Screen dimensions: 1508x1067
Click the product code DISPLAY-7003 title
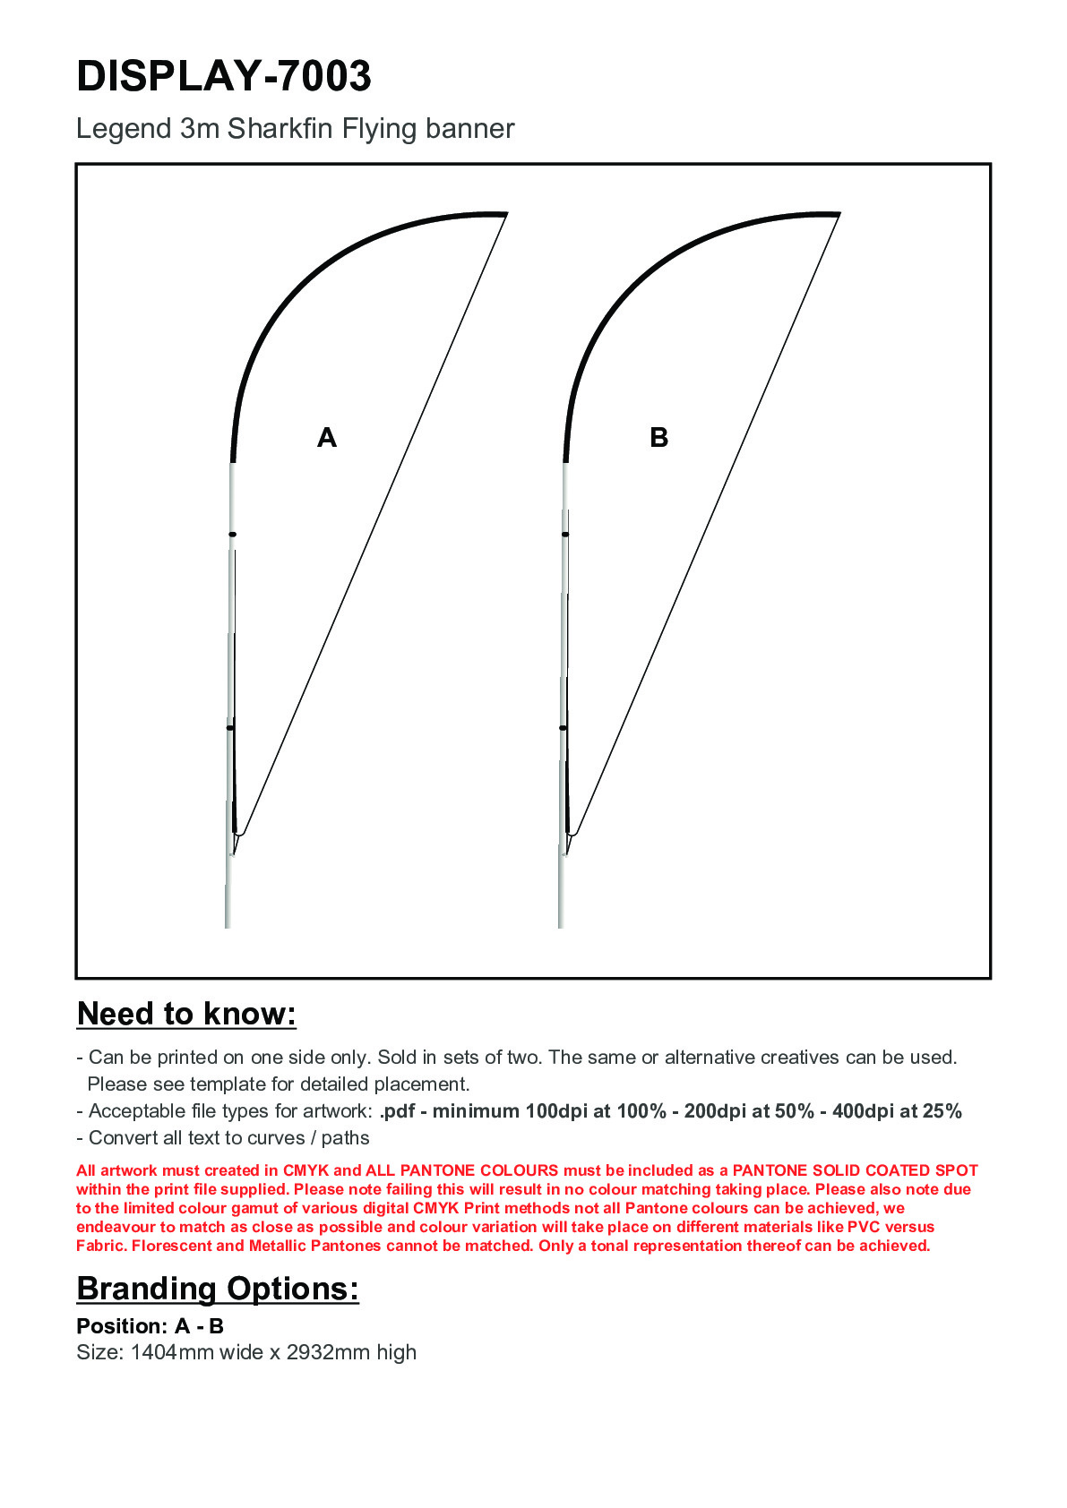point(224,76)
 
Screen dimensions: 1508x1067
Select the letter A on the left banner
point(327,438)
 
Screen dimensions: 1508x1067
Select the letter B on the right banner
point(658,438)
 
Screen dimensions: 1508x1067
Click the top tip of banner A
point(505,214)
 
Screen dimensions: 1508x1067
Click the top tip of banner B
point(838,214)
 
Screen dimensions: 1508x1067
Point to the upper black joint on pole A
point(232,535)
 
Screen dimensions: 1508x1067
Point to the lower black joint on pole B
point(563,728)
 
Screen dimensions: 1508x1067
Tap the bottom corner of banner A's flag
point(238,835)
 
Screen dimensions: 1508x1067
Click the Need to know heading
point(186,1014)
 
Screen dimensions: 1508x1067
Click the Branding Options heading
point(218,1289)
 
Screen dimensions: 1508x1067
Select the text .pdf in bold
point(397,1111)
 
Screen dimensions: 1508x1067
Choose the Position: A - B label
point(150,1326)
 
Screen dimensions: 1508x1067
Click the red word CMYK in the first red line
point(305,1170)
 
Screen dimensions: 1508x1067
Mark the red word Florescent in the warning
point(171,1246)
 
